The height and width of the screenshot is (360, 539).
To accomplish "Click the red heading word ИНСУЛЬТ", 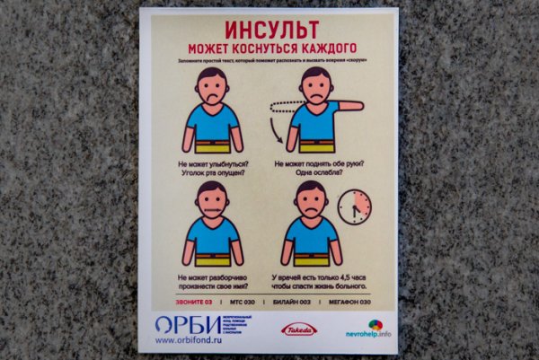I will coord(269,27).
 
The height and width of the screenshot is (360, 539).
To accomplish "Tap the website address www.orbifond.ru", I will coord(189,340).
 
